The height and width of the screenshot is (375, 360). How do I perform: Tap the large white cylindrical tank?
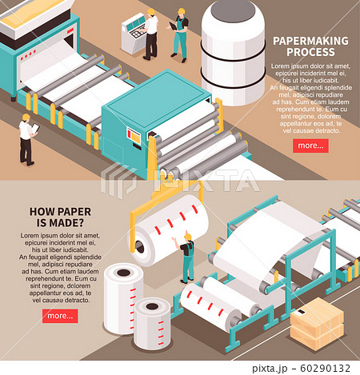coord(233,50)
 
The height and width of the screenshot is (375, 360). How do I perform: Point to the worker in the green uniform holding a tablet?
coord(180,34)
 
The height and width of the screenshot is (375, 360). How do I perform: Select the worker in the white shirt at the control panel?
coord(150,34)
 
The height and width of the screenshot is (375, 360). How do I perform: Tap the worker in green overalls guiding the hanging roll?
coord(186,257)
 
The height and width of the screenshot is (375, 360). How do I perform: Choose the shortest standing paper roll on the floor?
coord(152,322)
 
